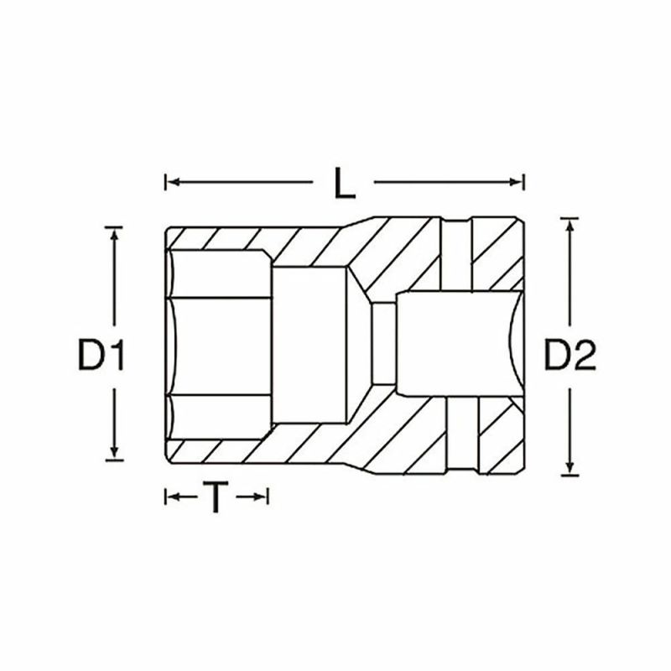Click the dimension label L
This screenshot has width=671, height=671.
pos(345,182)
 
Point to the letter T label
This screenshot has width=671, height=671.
pos(216,498)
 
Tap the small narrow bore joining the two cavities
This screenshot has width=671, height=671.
pos(382,344)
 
